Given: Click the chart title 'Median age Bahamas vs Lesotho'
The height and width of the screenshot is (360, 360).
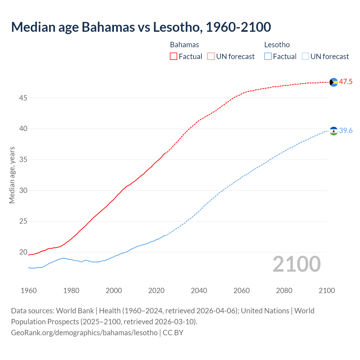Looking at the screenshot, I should (141, 27).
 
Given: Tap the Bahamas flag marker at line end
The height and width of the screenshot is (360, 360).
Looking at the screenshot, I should (334, 82).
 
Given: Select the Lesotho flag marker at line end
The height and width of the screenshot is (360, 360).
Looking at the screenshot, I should (334, 131).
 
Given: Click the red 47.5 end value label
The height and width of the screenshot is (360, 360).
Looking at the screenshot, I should (346, 82).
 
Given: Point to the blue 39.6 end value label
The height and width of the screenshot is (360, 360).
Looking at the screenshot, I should (346, 131).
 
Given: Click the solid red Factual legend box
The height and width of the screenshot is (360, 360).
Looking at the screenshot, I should (174, 57).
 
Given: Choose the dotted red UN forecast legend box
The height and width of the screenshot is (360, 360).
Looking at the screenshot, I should (211, 57).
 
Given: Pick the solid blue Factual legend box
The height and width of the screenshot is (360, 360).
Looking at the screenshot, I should (268, 57).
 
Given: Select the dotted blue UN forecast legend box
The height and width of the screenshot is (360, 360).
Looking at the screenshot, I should (305, 57).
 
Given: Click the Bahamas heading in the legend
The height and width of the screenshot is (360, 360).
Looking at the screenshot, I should (184, 45).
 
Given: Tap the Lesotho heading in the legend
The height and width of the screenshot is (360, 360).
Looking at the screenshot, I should (277, 45).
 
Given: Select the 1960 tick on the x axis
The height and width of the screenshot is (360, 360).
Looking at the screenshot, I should (29, 291).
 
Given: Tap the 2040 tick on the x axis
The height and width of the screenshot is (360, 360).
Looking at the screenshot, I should (199, 291).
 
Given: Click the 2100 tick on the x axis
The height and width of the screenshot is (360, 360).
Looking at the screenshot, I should (327, 291).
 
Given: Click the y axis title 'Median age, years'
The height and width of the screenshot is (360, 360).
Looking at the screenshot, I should (12, 175).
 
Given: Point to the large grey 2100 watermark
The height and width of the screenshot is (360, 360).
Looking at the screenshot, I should (296, 264).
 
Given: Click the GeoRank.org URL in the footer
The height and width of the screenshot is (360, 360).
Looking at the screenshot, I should (84, 332).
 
